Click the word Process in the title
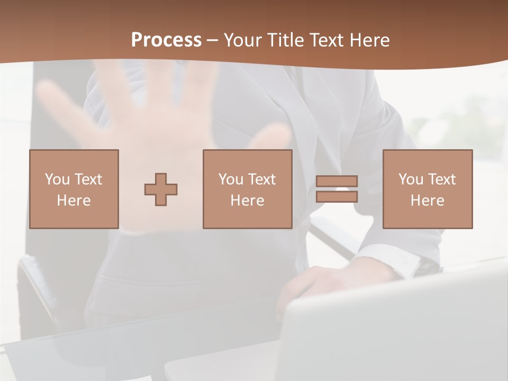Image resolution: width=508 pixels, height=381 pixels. (x=166, y=40)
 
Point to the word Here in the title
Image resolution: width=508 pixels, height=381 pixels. (x=369, y=40)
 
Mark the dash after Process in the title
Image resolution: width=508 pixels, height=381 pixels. (x=213, y=41)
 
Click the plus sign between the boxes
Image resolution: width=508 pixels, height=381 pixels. (x=161, y=189)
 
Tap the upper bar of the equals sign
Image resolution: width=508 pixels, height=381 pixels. (x=337, y=182)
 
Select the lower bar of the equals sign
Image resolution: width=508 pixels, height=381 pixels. (x=337, y=196)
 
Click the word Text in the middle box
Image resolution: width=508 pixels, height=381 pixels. (x=262, y=179)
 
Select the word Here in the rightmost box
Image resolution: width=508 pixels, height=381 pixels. (x=428, y=201)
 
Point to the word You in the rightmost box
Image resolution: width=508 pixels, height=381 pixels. (x=411, y=179)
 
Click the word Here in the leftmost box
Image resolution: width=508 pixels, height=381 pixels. (x=74, y=201)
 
